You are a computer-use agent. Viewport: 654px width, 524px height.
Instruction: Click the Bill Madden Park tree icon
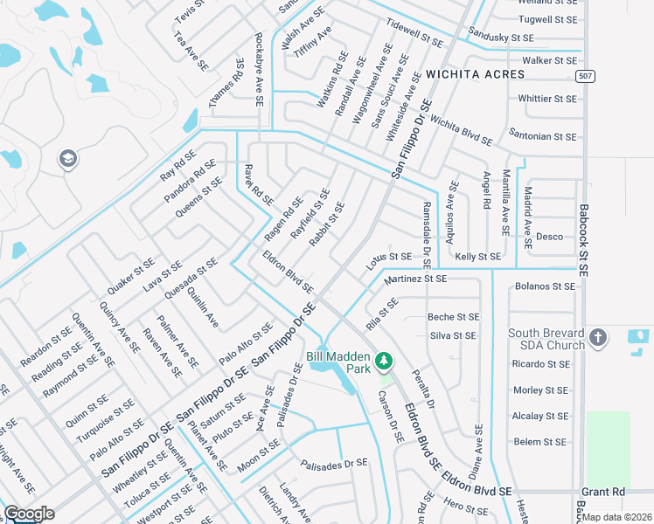point(383,361)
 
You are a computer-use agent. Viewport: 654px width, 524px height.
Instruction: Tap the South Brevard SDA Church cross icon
point(598,338)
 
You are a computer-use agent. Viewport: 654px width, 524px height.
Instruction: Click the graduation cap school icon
point(67,159)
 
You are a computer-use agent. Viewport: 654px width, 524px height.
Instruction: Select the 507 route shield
point(587,77)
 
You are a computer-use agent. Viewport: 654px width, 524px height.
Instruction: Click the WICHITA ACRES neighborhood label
point(476,74)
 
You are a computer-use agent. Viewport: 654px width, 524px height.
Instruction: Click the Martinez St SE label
point(415,279)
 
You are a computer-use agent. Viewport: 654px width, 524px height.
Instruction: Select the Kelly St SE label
point(478,257)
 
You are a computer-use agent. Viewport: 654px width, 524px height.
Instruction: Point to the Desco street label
point(549,237)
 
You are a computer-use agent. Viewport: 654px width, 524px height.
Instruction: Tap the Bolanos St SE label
point(546,286)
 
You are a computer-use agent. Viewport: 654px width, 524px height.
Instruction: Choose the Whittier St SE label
point(547,99)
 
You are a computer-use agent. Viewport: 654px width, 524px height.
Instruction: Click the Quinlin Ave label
point(203,309)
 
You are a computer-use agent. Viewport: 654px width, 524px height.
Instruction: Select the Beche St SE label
point(453,317)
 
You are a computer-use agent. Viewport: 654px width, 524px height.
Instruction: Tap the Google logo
point(29,514)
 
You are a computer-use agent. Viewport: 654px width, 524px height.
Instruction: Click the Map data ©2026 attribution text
point(617,517)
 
